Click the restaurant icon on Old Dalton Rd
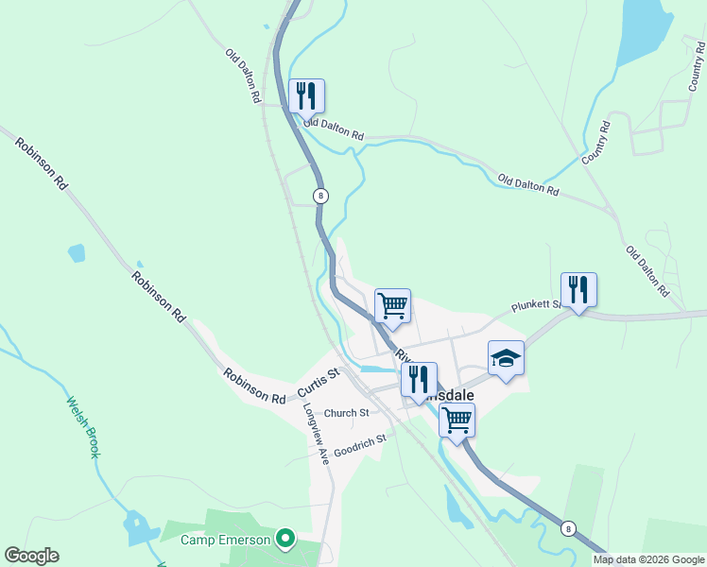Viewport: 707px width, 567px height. [x=306, y=96]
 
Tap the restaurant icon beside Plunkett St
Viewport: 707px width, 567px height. [x=578, y=290]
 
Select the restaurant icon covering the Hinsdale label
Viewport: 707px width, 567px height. [x=419, y=379]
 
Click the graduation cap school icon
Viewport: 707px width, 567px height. [x=506, y=358]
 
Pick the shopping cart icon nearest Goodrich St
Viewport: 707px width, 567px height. [x=457, y=420]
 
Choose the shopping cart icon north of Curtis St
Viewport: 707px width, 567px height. [x=392, y=306]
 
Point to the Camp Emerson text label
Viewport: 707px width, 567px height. [x=226, y=541]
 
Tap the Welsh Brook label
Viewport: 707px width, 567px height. [x=82, y=427]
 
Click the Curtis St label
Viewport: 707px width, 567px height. [x=319, y=382]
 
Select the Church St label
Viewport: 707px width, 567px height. [x=346, y=413]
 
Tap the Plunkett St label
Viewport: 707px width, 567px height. [x=536, y=306]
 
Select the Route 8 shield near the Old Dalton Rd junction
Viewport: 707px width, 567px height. [x=321, y=196]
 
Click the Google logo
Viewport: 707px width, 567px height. [x=31, y=556]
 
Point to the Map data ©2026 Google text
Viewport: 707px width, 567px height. [x=649, y=559]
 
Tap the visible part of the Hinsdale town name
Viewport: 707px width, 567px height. [x=461, y=397]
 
